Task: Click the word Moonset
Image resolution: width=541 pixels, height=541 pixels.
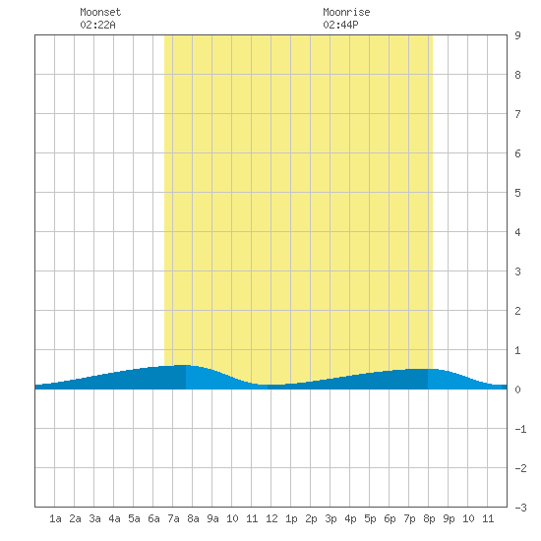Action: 100,12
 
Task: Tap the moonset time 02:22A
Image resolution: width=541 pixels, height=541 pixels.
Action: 97,25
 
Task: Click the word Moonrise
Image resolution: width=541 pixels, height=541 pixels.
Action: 346,12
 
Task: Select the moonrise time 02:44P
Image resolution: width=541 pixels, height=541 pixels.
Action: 340,25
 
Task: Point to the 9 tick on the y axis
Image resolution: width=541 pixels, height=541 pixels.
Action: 517,35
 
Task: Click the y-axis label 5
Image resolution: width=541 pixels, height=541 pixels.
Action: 517,193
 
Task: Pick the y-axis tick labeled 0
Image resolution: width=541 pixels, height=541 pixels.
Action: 517,390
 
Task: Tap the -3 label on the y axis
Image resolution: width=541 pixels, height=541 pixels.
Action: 520,508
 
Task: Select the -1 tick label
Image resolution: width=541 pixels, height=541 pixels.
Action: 520,429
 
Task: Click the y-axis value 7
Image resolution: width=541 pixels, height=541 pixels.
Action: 517,114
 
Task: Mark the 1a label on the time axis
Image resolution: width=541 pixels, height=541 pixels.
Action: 55,518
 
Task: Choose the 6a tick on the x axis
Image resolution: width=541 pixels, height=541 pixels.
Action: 153,518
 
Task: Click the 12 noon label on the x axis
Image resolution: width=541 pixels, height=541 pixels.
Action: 271,518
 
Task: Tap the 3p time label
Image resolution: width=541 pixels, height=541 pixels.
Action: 331,518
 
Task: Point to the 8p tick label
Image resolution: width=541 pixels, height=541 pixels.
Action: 429,518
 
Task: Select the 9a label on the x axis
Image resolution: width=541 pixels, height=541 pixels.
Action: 212,518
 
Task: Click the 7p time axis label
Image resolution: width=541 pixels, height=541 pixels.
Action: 409,518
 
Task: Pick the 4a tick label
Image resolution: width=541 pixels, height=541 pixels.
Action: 114,518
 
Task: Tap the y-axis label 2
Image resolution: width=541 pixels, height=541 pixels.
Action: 517,311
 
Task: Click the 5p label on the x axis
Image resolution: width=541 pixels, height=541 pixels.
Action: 370,518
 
